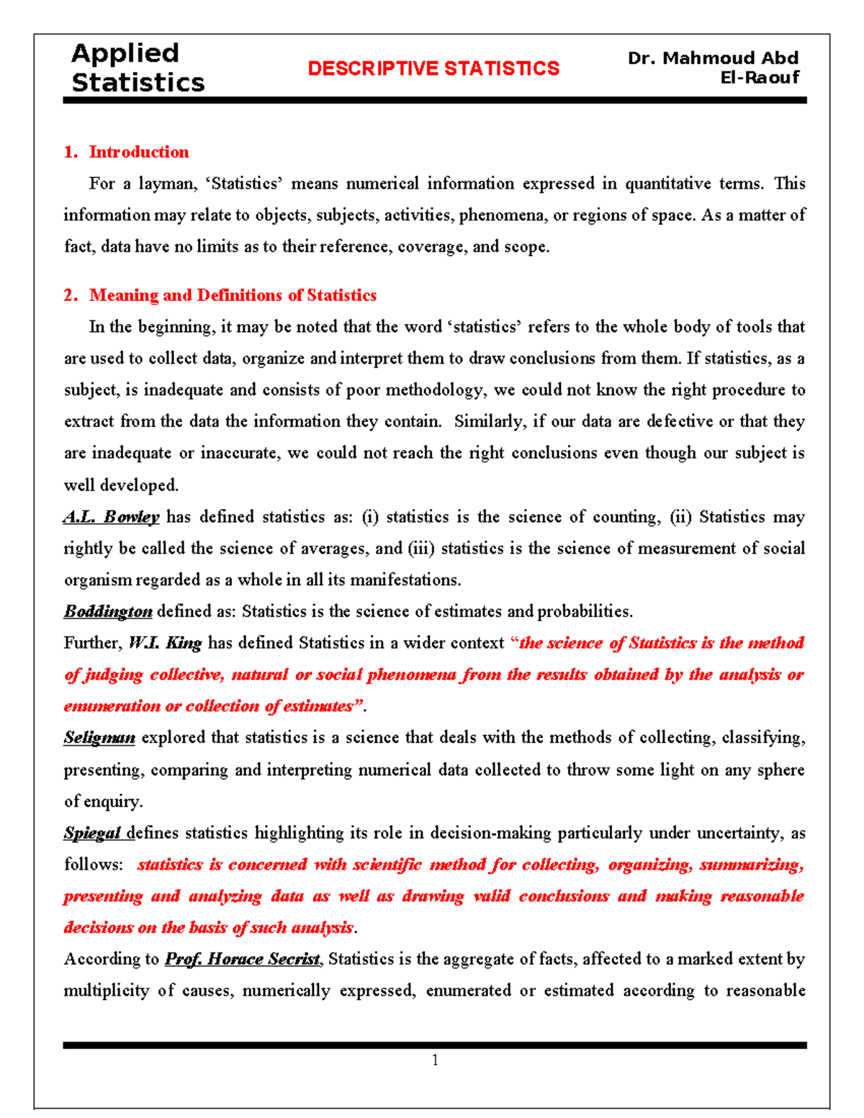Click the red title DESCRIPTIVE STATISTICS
[433, 68]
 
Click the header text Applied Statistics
[138, 68]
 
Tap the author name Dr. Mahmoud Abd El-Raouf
[713, 67]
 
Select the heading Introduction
[138, 152]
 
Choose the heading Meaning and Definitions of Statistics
[233, 295]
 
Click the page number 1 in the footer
[435, 1060]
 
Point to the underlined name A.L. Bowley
[111, 517]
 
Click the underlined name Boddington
[108, 612]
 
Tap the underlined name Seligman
[99, 738]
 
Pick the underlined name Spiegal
[92, 833]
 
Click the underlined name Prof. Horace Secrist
[243, 960]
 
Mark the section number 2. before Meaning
[71, 295]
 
